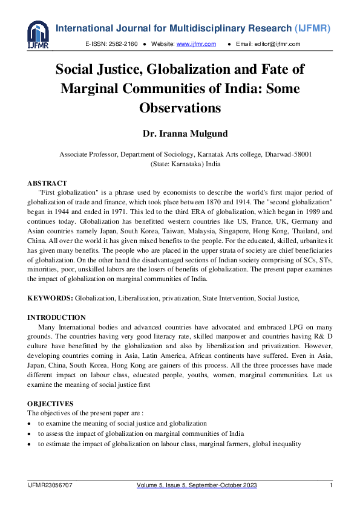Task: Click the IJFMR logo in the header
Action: pos(38,34)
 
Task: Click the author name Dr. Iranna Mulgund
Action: pos(180,134)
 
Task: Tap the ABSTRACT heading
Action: pos(47,183)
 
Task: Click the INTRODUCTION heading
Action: pos(57,317)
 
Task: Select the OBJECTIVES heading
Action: pos(51,403)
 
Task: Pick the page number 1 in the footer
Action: pos(331,485)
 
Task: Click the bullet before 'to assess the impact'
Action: pos(30,434)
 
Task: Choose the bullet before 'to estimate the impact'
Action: pos(30,444)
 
